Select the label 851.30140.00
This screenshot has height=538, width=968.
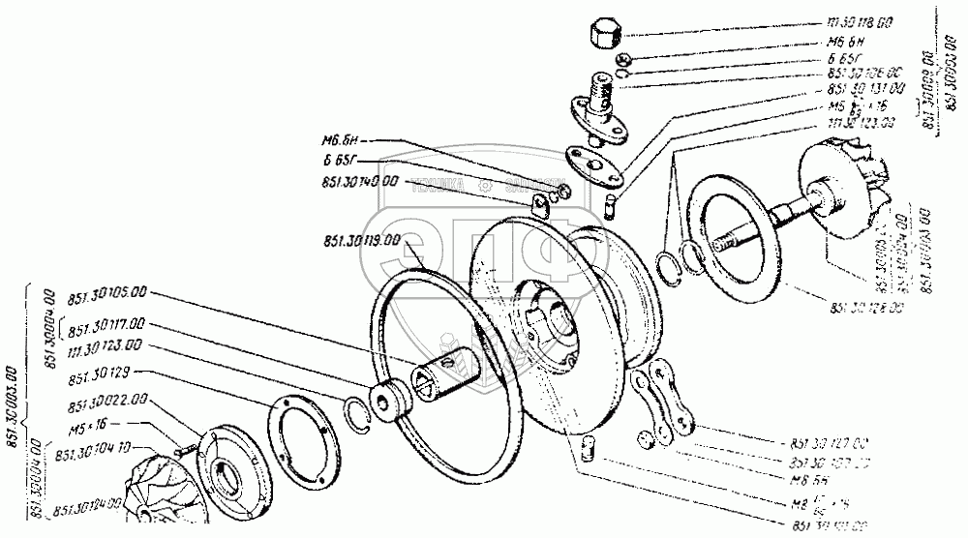pos(355,180)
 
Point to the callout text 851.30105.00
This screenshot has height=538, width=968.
pos(107,290)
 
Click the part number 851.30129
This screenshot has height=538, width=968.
pos(102,371)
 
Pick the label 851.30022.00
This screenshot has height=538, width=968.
pos(107,399)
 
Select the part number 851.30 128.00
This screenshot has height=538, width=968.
pos(865,308)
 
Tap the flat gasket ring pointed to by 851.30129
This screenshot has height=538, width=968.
pos(300,436)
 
